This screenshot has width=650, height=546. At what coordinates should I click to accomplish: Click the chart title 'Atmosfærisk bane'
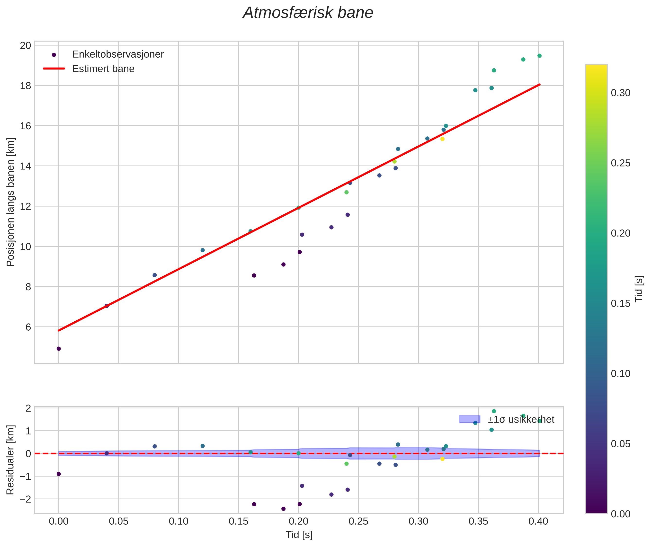[308, 13]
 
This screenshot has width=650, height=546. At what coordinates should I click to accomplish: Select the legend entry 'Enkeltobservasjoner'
[118, 54]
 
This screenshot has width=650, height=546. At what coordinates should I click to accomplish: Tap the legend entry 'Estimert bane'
[103, 69]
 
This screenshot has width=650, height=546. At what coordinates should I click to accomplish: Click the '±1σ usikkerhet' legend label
[521, 419]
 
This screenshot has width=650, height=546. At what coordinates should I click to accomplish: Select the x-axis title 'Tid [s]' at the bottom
[299, 535]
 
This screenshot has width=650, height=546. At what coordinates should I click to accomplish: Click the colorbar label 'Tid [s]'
[639, 289]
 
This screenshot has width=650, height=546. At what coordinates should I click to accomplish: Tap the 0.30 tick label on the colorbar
[620, 93]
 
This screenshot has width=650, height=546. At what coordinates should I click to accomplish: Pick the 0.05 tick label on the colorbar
[620, 444]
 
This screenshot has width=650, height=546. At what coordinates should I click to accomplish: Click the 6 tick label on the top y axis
[28, 327]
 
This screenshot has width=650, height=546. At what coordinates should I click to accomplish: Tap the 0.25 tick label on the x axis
[359, 521]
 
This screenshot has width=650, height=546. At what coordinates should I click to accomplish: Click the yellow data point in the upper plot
[442, 139]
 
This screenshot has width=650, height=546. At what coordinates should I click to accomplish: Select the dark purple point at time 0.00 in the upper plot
[59, 349]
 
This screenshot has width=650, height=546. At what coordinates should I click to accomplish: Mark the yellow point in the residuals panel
[442, 459]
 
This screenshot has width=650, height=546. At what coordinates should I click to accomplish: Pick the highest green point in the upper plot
[539, 56]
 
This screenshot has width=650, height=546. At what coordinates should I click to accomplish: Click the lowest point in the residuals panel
[283, 509]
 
